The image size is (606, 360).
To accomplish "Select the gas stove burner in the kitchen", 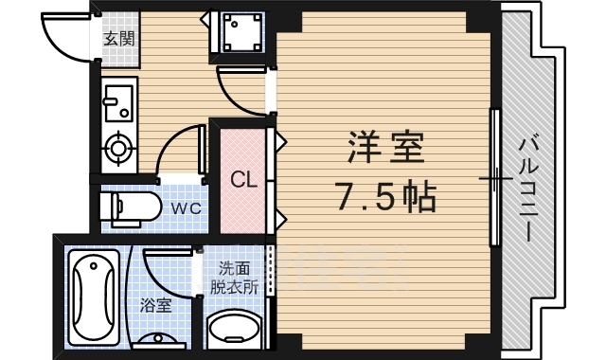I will pyautogui.click(x=119, y=148).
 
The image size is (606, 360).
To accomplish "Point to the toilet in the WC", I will pyautogui.click(x=129, y=207).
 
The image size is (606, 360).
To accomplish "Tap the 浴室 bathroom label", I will pyautogui.click(x=156, y=305).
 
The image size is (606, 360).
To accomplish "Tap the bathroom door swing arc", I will pyautogui.click(x=165, y=270).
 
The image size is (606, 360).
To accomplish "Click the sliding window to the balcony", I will pyautogui.click(x=493, y=177).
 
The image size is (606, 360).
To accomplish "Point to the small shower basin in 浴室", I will pyautogui.click(x=156, y=336).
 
